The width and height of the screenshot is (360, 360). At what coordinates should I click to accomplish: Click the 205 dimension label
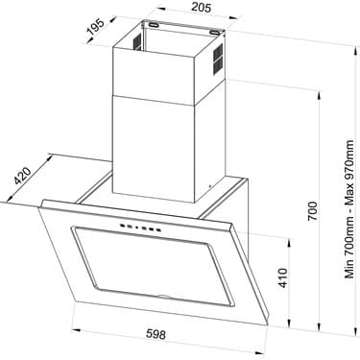pos(202,7)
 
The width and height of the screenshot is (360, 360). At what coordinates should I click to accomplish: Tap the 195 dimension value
pos(96,27)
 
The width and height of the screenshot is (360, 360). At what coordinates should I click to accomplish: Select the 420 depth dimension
pos(23,176)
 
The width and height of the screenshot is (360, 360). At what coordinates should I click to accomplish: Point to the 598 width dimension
pos(156,334)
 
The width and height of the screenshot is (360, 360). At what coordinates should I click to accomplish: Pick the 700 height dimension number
pos(313,210)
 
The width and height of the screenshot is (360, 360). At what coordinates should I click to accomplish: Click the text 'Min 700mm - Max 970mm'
pos(349,209)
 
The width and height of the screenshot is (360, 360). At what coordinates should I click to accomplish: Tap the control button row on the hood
pos(140,228)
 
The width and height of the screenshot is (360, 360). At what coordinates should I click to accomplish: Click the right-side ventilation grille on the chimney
pos(218,58)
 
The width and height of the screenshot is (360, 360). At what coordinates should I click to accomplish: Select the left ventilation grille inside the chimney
pos(137,42)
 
